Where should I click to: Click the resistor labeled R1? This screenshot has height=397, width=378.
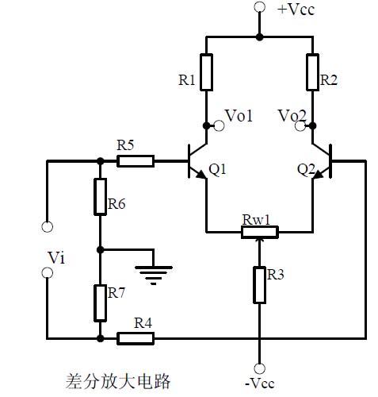point(206,71)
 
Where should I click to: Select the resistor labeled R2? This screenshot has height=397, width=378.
point(311,71)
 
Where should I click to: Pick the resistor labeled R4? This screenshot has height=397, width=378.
point(136,338)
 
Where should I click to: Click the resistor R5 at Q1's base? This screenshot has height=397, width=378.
point(135,160)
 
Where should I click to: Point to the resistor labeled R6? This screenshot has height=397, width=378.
point(100,196)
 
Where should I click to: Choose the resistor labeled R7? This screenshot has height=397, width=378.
point(100,302)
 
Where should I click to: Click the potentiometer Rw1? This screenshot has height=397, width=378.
point(259,232)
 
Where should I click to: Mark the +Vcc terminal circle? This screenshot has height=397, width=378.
point(259,8)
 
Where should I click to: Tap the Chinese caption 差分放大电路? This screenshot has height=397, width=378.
point(118,380)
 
